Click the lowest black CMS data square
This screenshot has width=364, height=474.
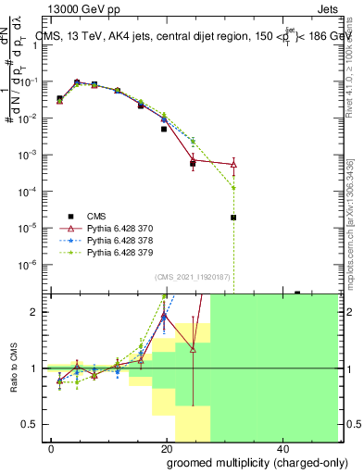pos(233,218)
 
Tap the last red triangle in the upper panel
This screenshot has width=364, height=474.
pos(233,165)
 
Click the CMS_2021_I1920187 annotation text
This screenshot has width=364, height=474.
pos(191,277)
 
